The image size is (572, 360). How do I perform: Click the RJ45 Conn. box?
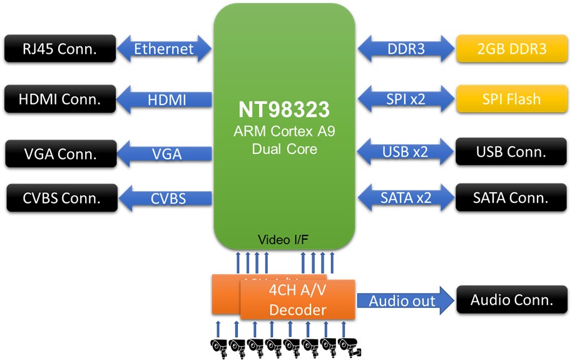click(60, 48)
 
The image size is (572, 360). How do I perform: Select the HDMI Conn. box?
click(60, 99)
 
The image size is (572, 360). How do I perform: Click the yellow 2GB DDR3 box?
click(511, 48)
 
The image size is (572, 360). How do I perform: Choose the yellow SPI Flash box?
click(511, 99)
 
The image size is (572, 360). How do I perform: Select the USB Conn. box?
click(511, 152)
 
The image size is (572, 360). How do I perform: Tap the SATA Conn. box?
click(511, 198)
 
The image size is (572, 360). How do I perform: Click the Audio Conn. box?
click(511, 300)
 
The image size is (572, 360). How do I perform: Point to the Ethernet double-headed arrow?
click(165, 49)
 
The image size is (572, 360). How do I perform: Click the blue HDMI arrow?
click(166, 100)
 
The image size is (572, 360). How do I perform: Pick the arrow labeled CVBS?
click(166, 199)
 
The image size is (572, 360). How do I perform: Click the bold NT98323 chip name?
click(284, 110)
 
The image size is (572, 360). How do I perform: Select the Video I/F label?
click(284, 240)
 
